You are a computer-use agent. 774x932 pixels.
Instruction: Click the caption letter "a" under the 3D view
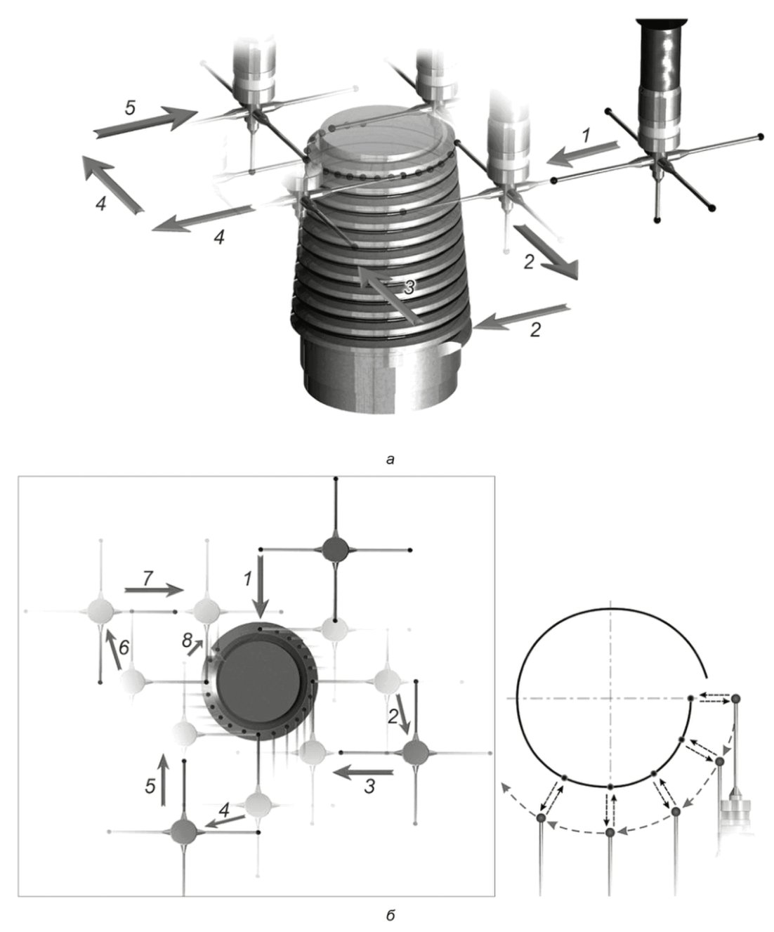coord(391,459)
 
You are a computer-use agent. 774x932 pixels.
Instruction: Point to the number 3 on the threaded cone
coord(409,288)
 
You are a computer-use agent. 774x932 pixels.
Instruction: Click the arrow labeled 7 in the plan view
coord(154,590)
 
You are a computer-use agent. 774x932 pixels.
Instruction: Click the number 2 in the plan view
coord(393,716)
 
